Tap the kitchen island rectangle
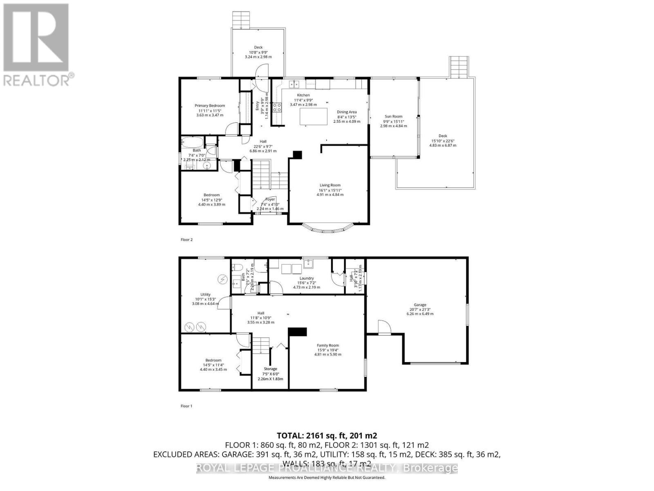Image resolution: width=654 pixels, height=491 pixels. (x=314, y=116)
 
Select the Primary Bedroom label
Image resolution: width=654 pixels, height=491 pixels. (x=210, y=106)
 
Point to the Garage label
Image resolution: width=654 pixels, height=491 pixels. (x=420, y=305)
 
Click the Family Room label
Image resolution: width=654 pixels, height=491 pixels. (x=328, y=345)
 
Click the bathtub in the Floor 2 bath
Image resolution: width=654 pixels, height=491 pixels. (x=193, y=143)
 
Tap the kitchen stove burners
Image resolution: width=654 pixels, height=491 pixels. (x=277, y=108)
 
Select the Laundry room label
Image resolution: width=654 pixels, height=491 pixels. (x=307, y=278)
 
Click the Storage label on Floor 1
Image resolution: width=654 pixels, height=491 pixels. (x=270, y=369)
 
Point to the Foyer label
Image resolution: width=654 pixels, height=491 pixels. (x=270, y=199)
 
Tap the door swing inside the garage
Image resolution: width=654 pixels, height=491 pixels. (x=384, y=328)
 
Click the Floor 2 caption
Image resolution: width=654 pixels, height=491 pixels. (x=186, y=240)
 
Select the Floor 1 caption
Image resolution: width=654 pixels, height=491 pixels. (x=186, y=406)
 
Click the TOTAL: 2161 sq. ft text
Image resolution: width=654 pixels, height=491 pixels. (x=327, y=435)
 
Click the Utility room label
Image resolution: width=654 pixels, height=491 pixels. (x=205, y=295)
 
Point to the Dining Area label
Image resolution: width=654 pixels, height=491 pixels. (x=347, y=112)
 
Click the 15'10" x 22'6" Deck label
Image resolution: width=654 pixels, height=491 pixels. (x=443, y=136)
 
